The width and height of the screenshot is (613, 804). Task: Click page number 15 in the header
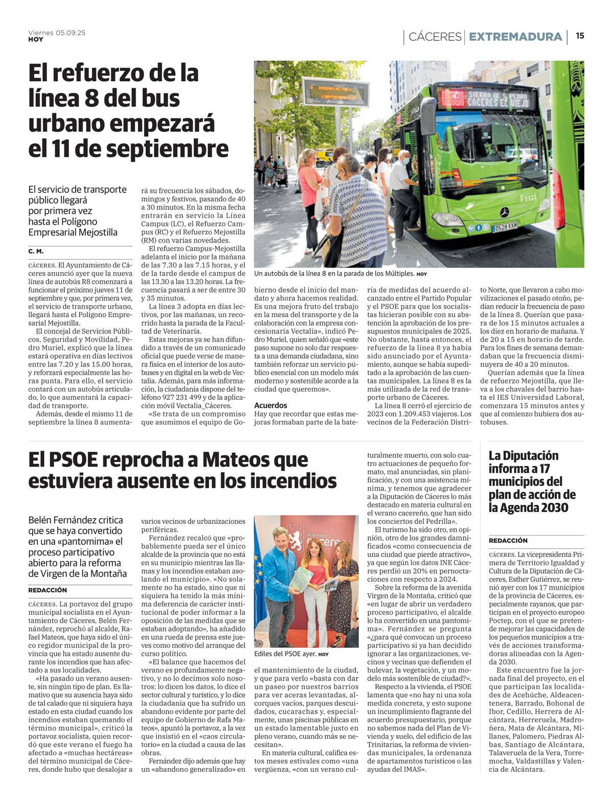[580, 36]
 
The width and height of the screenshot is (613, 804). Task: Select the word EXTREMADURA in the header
[515, 37]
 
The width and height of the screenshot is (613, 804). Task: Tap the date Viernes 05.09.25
[57, 32]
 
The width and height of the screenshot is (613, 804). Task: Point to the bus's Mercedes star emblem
[504, 212]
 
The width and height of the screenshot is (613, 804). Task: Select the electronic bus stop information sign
[336, 92]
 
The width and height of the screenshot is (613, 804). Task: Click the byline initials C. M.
[36, 252]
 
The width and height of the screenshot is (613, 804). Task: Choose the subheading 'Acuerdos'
[270, 405]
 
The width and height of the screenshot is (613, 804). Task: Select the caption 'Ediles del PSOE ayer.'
[285, 654]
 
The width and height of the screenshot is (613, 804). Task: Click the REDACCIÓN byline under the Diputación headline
[508, 541]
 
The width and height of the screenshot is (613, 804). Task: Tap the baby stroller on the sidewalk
[280, 176]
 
